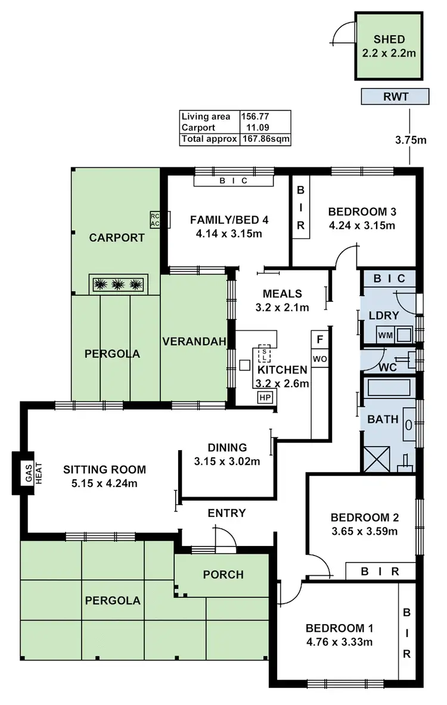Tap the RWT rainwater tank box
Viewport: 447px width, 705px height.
tap(395, 96)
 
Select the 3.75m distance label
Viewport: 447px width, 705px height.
tap(411, 141)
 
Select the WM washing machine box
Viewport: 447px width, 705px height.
tap(385, 336)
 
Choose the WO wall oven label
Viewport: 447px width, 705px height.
tap(320, 359)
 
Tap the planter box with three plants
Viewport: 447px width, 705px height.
tap(119, 284)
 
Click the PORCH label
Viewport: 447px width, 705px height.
tap(223, 575)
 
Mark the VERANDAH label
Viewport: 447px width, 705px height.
tap(194, 341)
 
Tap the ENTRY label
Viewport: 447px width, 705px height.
tap(226, 513)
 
